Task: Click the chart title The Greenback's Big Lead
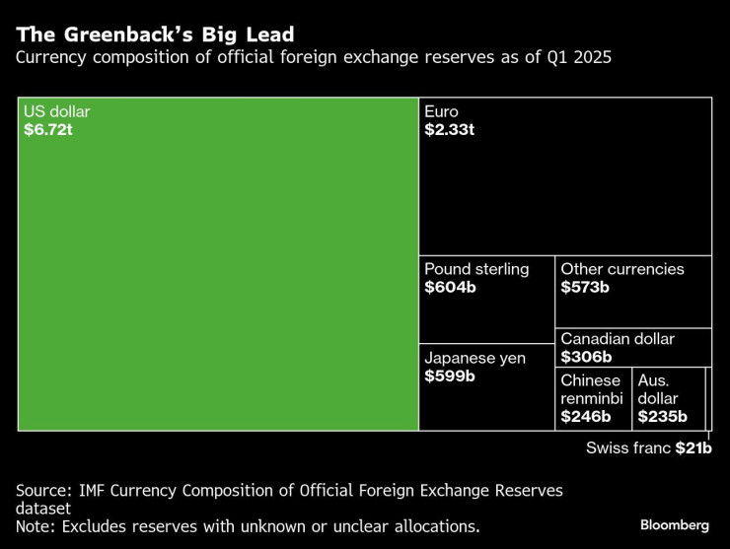155,35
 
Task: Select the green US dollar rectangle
218,286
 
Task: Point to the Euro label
441,112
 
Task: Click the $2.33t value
450,130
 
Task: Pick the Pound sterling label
476,269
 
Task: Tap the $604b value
449,288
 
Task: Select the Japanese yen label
474,358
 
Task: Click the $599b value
450,377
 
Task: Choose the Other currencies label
622,269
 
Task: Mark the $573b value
585,288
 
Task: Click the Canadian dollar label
618,338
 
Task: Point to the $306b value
586,357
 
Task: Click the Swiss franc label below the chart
628,447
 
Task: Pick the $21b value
693,447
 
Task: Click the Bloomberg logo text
674,523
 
